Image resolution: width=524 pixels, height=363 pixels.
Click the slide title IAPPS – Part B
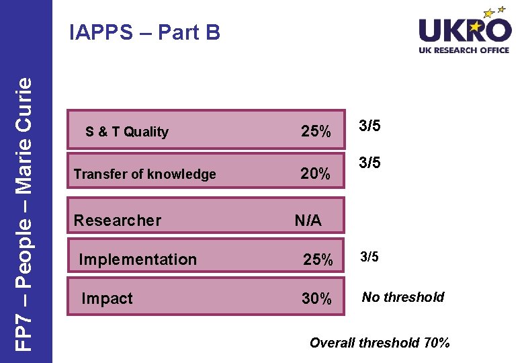click(145, 32)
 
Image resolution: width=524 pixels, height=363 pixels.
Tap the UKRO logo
click(464, 31)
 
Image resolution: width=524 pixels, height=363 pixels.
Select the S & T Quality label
click(127, 132)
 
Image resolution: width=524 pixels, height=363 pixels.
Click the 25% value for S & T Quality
click(316, 132)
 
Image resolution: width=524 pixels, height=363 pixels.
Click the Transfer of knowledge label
click(144, 174)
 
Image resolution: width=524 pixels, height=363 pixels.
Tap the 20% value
click(315, 174)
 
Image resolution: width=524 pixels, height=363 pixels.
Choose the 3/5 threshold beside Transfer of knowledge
click(369, 163)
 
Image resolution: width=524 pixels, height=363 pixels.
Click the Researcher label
click(118, 220)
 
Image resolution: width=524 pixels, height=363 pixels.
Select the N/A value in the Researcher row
click(308, 220)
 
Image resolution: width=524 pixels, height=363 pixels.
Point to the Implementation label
click(138, 259)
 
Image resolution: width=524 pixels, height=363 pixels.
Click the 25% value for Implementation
click(317, 260)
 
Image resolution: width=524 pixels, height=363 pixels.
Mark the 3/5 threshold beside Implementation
click(369, 257)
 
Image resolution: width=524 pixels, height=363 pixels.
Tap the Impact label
click(107, 298)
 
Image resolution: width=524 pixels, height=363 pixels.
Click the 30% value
click(316, 299)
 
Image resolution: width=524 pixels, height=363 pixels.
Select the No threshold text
click(403, 297)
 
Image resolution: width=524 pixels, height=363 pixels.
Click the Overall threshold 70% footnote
click(380, 343)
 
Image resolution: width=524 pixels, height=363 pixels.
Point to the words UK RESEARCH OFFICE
click(464, 50)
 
